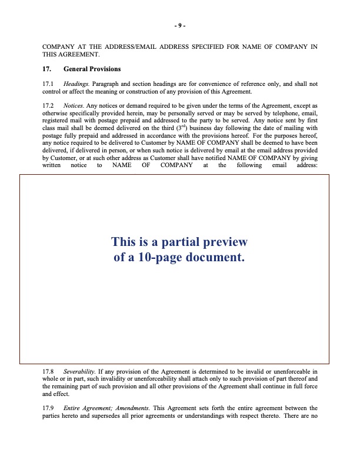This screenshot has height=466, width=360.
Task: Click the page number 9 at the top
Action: pyautogui.click(x=180, y=26)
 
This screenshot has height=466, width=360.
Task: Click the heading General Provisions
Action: pyautogui.click(x=92, y=69)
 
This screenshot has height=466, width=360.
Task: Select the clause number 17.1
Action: pyautogui.click(x=48, y=84)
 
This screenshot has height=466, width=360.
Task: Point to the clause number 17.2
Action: pyautogui.click(x=48, y=104)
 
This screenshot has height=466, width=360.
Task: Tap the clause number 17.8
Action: pyautogui.click(x=48, y=372)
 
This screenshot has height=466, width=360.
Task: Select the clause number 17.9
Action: pyautogui.click(x=48, y=408)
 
